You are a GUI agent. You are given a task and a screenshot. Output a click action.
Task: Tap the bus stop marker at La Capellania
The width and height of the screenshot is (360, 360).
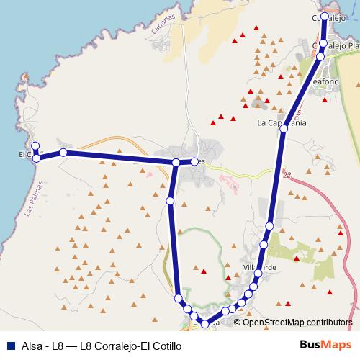coord(284,129)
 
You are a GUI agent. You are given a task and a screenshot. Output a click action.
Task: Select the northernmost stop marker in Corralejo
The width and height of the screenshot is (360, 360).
coord(325,16)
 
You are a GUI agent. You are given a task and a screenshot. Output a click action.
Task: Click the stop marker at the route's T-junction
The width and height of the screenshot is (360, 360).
coord(176,163)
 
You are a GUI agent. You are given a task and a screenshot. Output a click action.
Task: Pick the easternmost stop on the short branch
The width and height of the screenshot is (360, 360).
coord(194,161)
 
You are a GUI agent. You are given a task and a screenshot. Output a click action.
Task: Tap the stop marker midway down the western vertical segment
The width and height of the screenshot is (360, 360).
coord(170,200)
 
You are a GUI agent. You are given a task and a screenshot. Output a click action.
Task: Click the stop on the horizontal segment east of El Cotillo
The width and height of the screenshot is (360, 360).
coord(63,153)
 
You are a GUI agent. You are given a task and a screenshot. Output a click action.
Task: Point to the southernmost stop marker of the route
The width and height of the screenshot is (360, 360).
coord(206,324)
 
